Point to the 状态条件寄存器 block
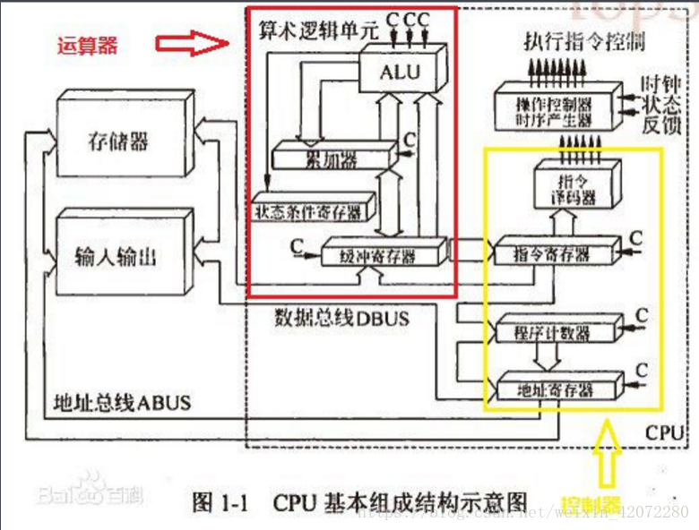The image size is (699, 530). pyautogui.click(x=309, y=211)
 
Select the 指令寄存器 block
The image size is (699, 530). pyautogui.click(x=556, y=254)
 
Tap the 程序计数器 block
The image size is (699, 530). pyautogui.click(x=556, y=332)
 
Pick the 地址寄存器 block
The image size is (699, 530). pyautogui.click(x=556, y=389)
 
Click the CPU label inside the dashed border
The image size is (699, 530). pyautogui.click(x=665, y=433)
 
